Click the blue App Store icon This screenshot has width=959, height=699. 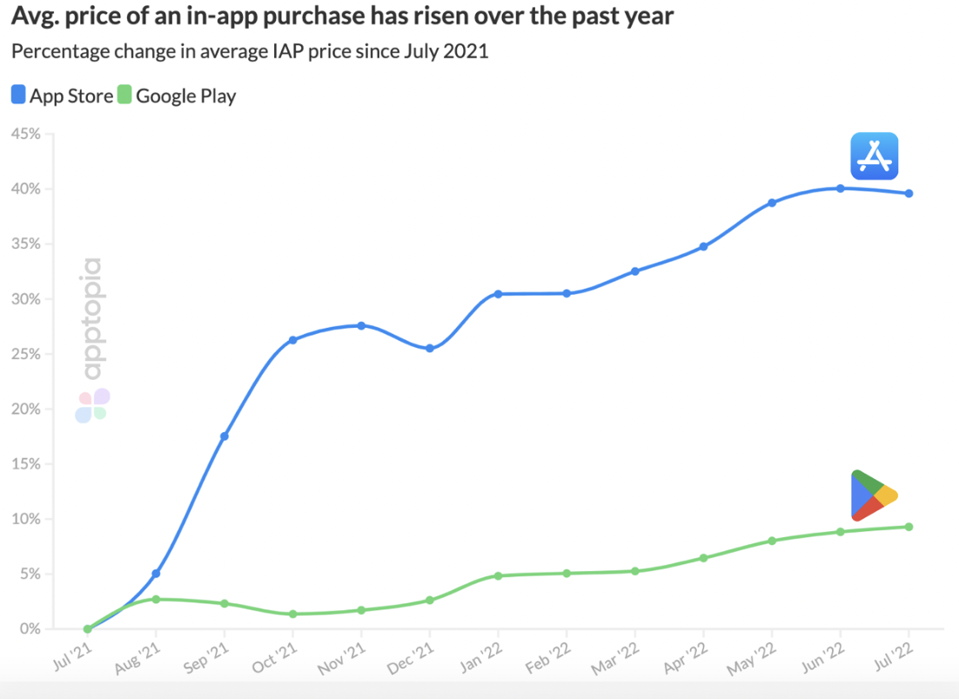(x=874, y=156)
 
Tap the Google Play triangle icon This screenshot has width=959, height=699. (x=872, y=496)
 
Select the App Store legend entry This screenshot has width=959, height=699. (x=62, y=96)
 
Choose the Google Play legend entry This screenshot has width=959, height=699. (x=177, y=96)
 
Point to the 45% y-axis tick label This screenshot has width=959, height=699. (x=24, y=134)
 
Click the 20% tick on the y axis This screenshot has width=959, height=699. (x=24, y=409)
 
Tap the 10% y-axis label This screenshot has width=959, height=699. (x=24, y=519)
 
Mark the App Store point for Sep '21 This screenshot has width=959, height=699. (x=225, y=436)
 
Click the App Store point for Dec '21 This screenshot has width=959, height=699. (x=430, y=349)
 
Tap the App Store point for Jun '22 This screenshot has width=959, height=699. (x=841, y=188)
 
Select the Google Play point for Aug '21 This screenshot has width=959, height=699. (x=156, y=599)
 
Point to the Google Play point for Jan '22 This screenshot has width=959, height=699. (x=498, y=576)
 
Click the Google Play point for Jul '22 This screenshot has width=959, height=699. (x=909, y=526)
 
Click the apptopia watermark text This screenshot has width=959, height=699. (x=91, y=318)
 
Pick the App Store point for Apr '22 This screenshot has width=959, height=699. (x=703, y=246)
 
